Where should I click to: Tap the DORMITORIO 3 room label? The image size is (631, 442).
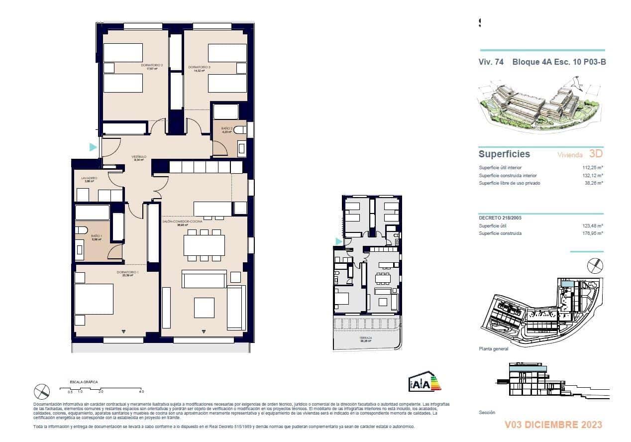click(199, 67)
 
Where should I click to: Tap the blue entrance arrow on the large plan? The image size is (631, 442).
click(93, 147)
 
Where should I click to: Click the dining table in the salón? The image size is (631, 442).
click(204, 245)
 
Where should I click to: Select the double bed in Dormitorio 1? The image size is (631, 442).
click(94, 299)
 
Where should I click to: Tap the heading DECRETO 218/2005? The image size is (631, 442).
click(500, 218)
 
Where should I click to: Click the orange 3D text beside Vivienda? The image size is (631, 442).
click(596, 154)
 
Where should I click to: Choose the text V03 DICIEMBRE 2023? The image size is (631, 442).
click(553, 425)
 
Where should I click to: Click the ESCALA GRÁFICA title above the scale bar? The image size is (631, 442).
click(84, 382)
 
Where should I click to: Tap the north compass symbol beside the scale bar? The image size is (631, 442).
click(42, 392)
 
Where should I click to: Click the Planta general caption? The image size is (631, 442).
click(493, 349)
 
